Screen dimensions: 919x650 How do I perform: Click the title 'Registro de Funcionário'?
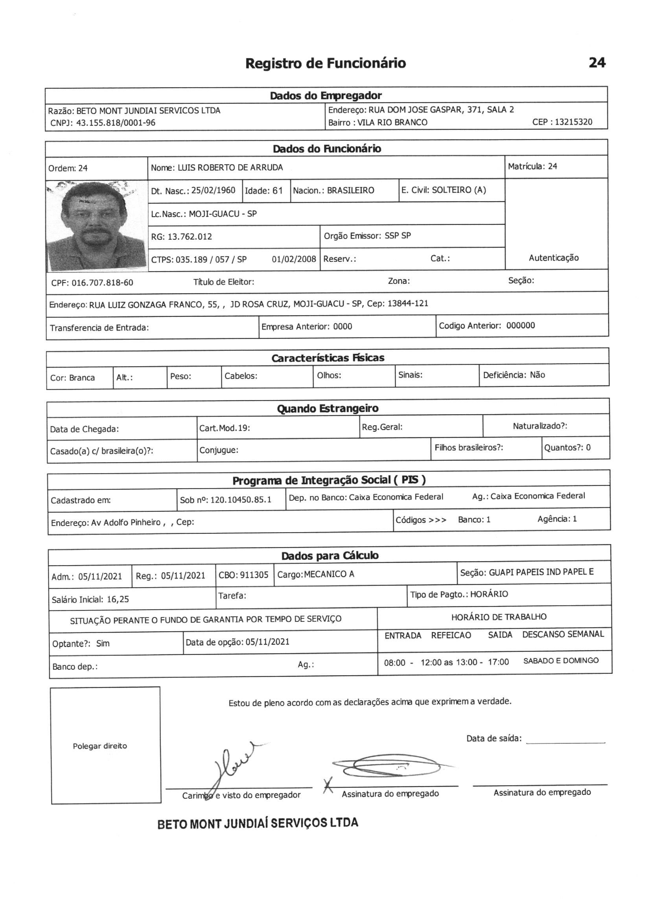pos(325,63)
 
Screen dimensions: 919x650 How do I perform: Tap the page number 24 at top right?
pos(597,62)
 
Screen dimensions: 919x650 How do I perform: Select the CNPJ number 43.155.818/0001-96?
pos(116,123)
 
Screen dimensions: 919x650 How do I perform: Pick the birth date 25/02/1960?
pos(213,190)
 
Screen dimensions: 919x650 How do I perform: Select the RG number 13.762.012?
pos(190,237)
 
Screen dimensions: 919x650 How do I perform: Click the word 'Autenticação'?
pos(554,258)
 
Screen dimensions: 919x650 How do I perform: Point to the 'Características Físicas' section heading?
pos(328,358)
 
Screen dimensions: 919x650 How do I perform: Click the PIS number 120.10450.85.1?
pos(240,500)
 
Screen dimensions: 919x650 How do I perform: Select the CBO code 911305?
pos(254,575)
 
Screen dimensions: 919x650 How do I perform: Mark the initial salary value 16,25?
pos(118,599)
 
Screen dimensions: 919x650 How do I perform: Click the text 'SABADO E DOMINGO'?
pos(561,661)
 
